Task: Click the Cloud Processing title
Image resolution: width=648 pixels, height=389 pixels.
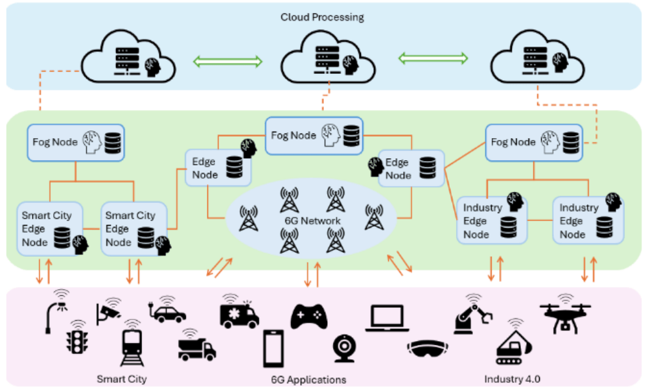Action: tap(322, 18)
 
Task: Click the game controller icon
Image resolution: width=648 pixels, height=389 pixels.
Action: tap(308, 316)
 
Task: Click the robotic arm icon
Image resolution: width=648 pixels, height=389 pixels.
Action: tap(472, 316)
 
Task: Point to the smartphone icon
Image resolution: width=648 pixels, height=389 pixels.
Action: tap(273, 348)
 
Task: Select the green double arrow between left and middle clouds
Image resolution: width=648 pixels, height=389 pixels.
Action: tap(228, 62)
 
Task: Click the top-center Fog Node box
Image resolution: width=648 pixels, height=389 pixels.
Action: tap(314, 136)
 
